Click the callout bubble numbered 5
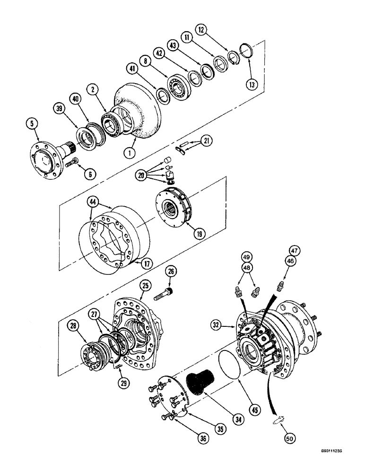[x=32, y=125]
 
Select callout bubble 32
[x=215, y=325]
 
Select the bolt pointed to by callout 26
[x=163, y=293]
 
